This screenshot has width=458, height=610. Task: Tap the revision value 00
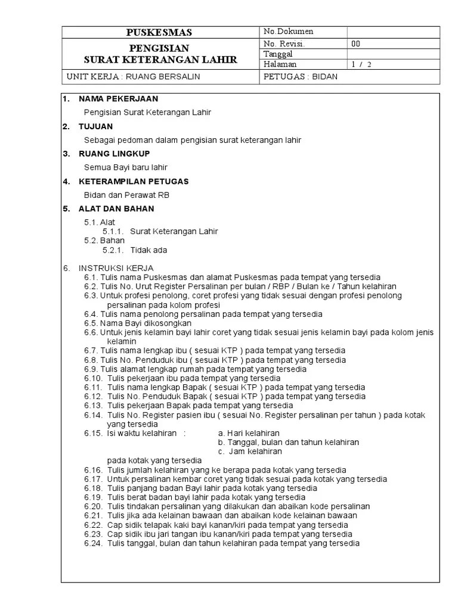click(x=356, y=43)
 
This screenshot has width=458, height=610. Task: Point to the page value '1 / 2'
click(x=361, y=64)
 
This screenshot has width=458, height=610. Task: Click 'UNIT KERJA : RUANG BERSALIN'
click(x=134, y=76)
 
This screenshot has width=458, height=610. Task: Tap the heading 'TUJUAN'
click(x=95, y=126)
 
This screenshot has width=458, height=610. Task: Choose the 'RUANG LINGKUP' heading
click(x=114, y=154)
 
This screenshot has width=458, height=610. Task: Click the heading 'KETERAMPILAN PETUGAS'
click(x=134, y=181)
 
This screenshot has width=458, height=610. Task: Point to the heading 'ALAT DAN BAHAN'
click(x=116, y=208)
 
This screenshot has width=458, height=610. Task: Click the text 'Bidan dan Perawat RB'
click(x=122, y=195)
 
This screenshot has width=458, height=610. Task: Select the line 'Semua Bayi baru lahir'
click(x=125, y=167)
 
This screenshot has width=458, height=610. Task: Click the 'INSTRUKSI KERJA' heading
click(x=116, y=269)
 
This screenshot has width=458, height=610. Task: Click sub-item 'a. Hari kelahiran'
click(x=249, y=433)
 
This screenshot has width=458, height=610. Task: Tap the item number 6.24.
click(x=94, y=543)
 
